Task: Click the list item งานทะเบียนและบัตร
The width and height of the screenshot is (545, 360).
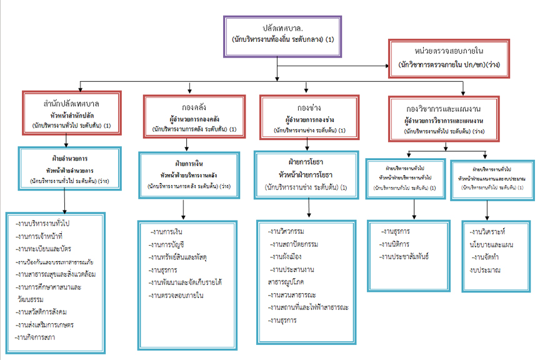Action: click(42, 249)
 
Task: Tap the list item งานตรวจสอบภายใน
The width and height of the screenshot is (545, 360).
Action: click(177, 295)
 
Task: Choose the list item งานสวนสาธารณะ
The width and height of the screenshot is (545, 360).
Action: click(292, 294)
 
